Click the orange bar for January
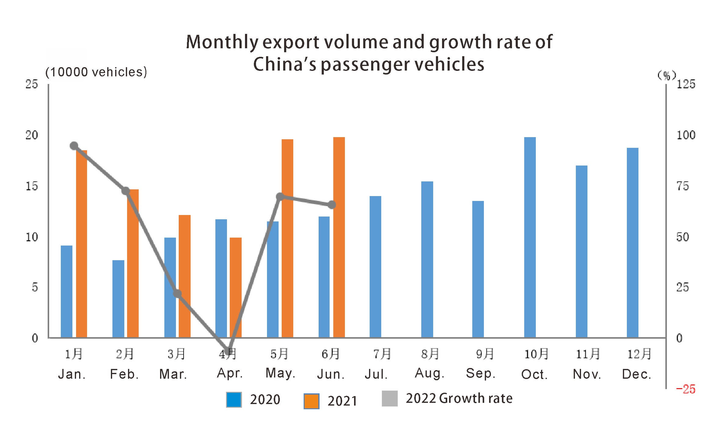pos(82,244)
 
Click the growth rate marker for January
pos(74,146)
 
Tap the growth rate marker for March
pos(177,294)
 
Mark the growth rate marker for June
pos(332,205)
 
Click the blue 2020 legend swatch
pos(234,400)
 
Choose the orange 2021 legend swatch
pos(311,401)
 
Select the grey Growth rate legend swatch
pos(389,399)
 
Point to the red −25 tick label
pos(686,389)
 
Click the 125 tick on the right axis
pos(686,84)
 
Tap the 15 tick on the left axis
pos(32,186)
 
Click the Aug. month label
pos(430,373)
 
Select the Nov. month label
pos(587,374)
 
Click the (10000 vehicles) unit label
pos(96,72)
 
